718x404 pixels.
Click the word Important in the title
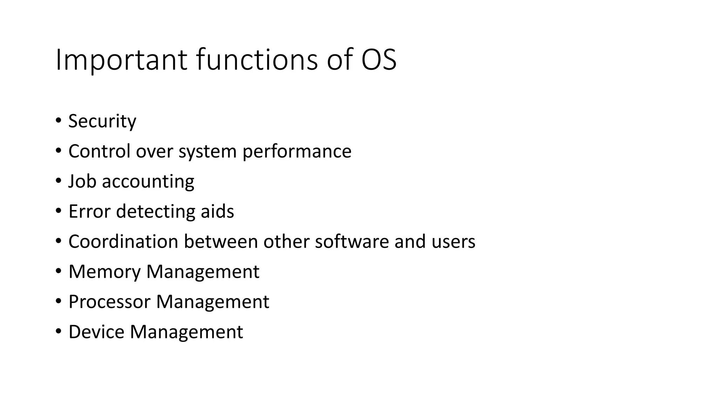(121, 60)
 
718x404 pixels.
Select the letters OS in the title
(379, 60)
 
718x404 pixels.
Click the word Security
(102, 121)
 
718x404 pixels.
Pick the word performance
(297, 152)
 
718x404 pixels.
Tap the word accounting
(148, 182)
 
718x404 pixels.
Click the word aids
(217, 211)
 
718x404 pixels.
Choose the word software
(352, 242)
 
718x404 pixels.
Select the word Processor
(109, 302)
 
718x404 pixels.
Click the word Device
(96, 332)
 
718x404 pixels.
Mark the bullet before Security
(58, 121)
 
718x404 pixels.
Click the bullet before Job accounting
(58, 181)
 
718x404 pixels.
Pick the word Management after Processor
(212, 302)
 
